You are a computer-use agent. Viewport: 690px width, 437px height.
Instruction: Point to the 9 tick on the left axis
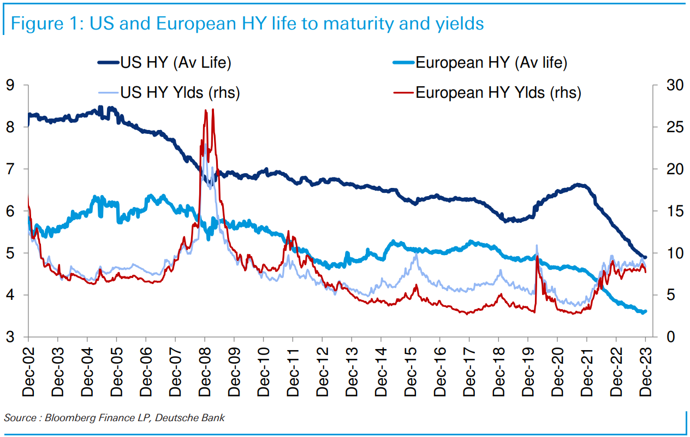pos(10,85)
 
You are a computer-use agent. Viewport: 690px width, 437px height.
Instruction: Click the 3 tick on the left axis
pos(10,337)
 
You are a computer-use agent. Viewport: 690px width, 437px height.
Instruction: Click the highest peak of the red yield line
pos(212,110)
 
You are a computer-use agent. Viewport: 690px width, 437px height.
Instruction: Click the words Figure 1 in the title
pos(43,24)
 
